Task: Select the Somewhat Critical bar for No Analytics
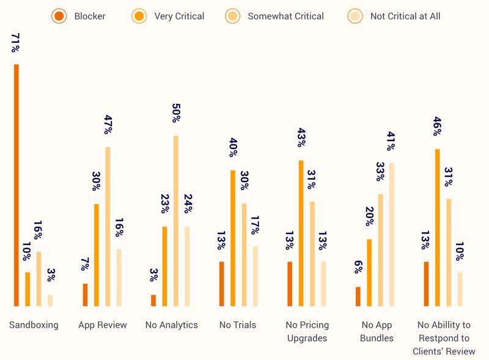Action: click(175, 221)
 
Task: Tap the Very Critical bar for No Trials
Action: click(233, 238)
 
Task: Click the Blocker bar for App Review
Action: click(85, 295)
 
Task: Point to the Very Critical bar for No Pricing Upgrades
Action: click(301, 233)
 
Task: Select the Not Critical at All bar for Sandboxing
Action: click(50, 300)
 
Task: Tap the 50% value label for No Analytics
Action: click(176, 114)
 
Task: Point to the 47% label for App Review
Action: click(108, 125)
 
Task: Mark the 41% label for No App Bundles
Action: click(392, 141)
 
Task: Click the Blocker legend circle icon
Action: click(59, 17)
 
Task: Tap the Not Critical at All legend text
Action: click(405, 17)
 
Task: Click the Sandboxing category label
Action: click(34, 325)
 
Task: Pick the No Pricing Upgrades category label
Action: click(307, 331)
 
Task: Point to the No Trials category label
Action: click(238, 325)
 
